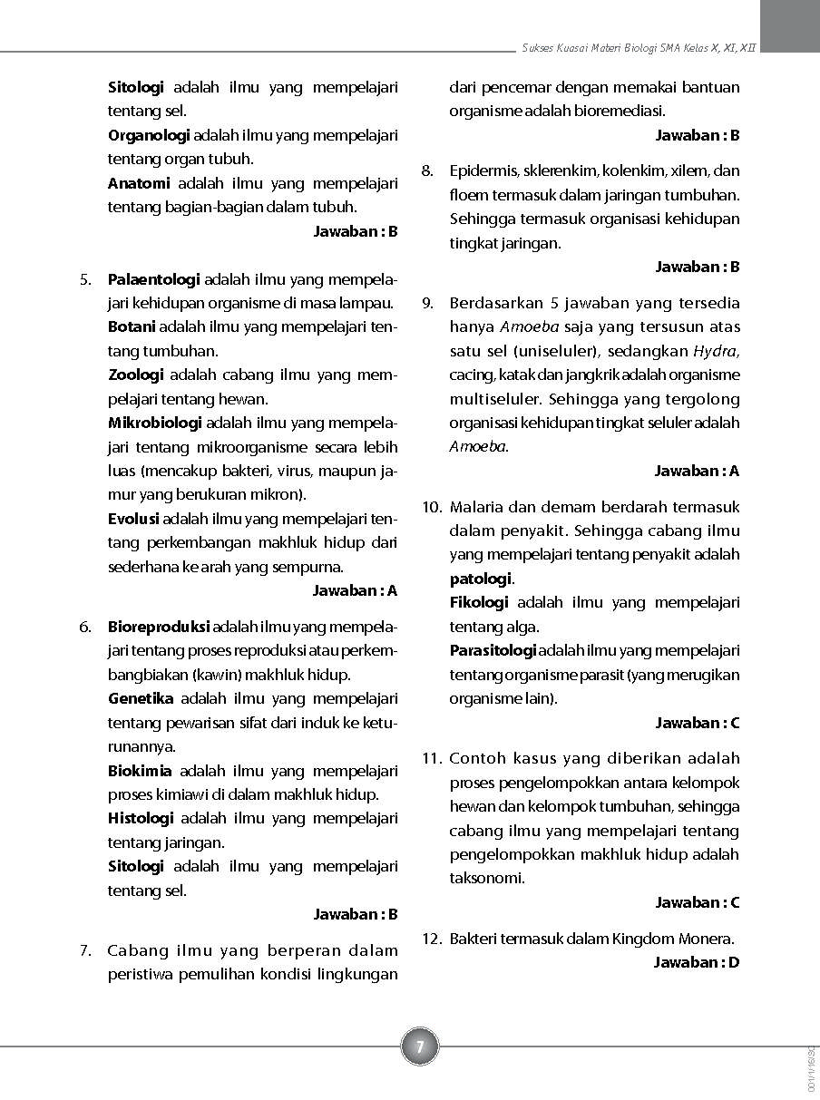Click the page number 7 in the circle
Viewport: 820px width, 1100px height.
tap(419, 1046)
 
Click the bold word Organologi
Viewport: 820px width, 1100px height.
tap(149, 135)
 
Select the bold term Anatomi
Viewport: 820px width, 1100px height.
tap(139, 183)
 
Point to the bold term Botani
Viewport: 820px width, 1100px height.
tap(132, 326)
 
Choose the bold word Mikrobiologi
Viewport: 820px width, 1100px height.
tap(155, 423)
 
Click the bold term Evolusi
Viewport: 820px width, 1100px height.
tap(133, 519)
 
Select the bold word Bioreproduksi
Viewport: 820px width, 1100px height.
tap(159, 627)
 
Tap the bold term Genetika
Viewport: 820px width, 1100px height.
tap(141, 698)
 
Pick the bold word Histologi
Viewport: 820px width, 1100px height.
tap(141, 818)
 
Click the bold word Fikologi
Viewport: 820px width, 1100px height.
tap(479, 602)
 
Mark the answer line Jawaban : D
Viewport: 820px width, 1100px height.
tap(697, 962)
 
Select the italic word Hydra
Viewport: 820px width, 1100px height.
tap(716, 351)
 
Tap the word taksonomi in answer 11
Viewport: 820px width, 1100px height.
tap(487, 878)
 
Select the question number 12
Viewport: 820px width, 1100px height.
tap(432, 939)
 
